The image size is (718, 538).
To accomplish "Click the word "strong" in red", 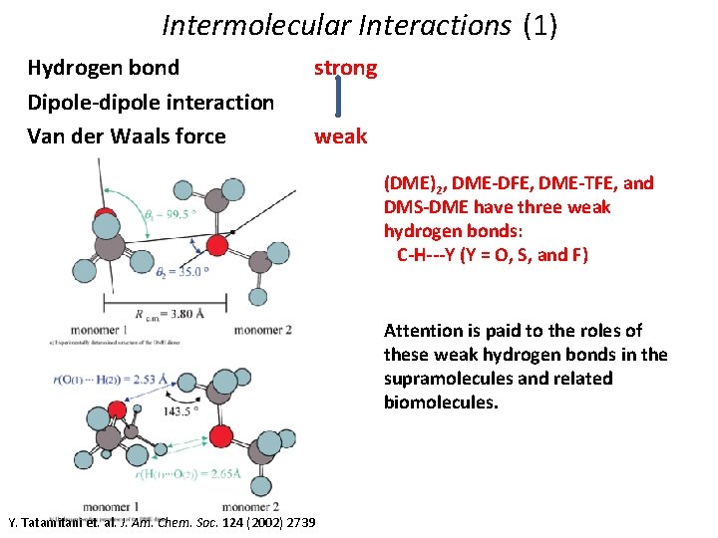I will pyautogui.click(x=345, y=68).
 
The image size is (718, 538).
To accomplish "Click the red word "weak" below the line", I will pyautogui.click(x=340, y=136).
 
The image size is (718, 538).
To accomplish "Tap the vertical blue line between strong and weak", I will pyautogui.click(x=339, y=102).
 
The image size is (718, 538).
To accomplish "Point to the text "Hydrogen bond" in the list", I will pyautogui.click(x=104, y=68).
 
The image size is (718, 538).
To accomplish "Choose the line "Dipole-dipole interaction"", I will pyautogui.click(x=151, y=102).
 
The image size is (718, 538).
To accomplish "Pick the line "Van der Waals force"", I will pyautogui.click(x=127, y=136).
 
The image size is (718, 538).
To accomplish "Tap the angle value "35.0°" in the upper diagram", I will pyautogui.click(x=190, y=271).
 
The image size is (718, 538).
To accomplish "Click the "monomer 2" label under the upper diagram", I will pyautogui.click(x=263, y=330).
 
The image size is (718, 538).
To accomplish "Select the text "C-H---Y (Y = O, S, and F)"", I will pyautogui.click(x=493, y=255).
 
